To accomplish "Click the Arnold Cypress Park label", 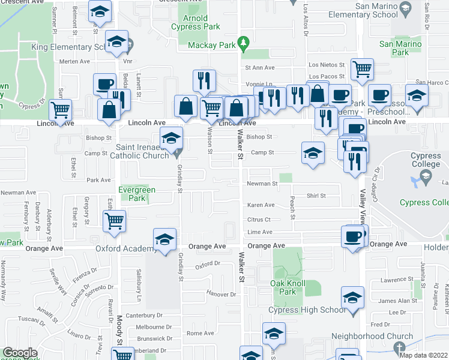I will tap(195, 23).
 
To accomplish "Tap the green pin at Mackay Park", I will tap(243, 43).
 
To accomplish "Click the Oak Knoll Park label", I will tap(288, 287).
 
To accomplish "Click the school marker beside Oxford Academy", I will tap(164, 239).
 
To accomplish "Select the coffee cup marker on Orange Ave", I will tap(353, 236).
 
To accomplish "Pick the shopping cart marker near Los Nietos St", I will tap(363, 69).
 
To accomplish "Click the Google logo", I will tap(20, 353).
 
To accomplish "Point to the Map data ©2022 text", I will tap(424, 355).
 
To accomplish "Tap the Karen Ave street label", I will tap(261, 205).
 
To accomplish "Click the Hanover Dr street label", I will tap(222, 294).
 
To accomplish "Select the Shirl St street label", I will tap(316, 196).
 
